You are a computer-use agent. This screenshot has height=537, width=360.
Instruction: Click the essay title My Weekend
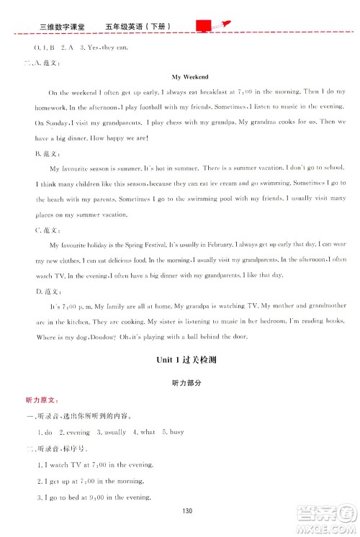pos(190,76)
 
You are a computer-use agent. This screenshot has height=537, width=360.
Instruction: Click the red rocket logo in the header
pos(213,27)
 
